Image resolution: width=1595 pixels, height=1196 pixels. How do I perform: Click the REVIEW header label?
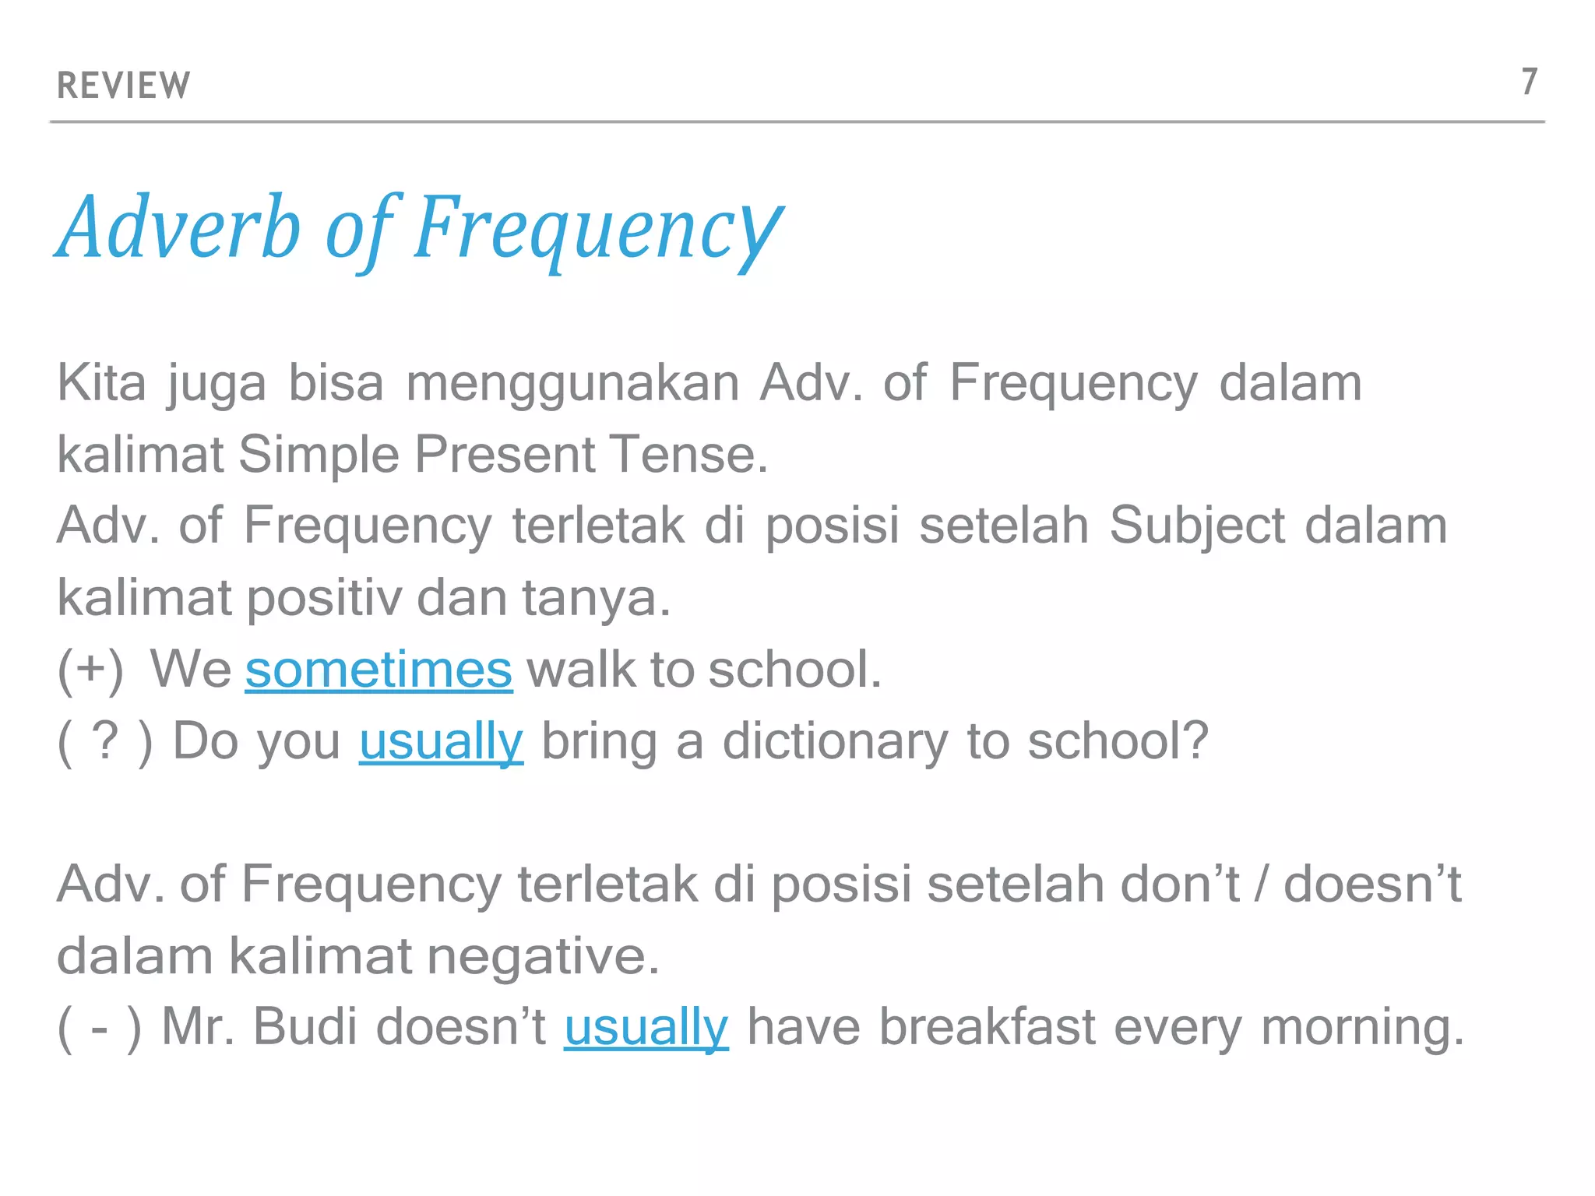[x=123, y=85]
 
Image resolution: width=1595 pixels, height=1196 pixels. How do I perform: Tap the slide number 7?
[x=1529, y=82]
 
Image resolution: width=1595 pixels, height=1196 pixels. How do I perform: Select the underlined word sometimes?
[x=379, y=669]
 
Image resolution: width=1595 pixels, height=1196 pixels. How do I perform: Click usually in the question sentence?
[x=441, y=740]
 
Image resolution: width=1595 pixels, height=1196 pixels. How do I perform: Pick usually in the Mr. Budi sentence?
[x=646, y=1026]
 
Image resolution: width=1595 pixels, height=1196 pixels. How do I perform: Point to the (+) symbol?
[x=90, y=669]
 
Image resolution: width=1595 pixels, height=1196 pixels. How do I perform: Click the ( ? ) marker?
[x=104, y=740]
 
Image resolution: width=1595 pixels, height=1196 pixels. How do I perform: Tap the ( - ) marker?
[x=100, y=1026]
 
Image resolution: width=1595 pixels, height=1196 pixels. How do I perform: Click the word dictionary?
[x=835, y=740]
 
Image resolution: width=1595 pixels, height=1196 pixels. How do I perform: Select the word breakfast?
[x=988, y=1026]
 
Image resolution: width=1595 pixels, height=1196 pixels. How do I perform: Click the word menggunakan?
[x=572, y=383]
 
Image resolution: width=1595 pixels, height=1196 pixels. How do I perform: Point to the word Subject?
[x=1197, y=526]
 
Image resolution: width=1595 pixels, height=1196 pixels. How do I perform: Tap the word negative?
[x=543, y=955]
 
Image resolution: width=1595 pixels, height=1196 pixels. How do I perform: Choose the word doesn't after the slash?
[x=1372, y=884]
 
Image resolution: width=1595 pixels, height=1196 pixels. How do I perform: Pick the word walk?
[x=581, y=669]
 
